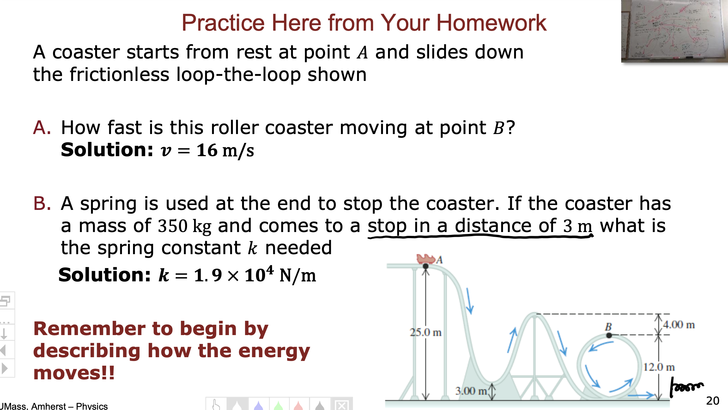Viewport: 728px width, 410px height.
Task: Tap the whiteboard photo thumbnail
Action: pyautogui.click(x=674, y=31)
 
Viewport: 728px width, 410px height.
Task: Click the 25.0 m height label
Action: pyautogui.click(x=425, y=332)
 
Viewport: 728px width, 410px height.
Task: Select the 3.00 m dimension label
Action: pyautogui.click(x=471, y=391)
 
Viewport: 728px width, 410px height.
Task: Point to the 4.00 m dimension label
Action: pyautogui.click(x=678, y=325)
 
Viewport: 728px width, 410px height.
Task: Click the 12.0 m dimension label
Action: pyautogui.click(x=659, y=367)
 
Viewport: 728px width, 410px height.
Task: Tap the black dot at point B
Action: pyautogui.click(x=609, y=335)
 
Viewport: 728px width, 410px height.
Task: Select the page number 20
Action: pyautogui.click(x=713, y=401)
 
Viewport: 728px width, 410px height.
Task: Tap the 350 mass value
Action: pyautogui.click(x=173, y=226)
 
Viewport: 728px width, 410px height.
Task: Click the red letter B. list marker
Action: pyautogui.click(x=42, y=203)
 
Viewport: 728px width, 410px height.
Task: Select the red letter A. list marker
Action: pyautogui.click(x=42, y=128)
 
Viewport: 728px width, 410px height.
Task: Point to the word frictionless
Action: pyautogui.click(x=119, y=75)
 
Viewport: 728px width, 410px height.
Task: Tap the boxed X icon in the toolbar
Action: pyautogui.click(x=342, y=405)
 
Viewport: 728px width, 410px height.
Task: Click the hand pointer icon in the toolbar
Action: pyautogui.click(x=216, y=405)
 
